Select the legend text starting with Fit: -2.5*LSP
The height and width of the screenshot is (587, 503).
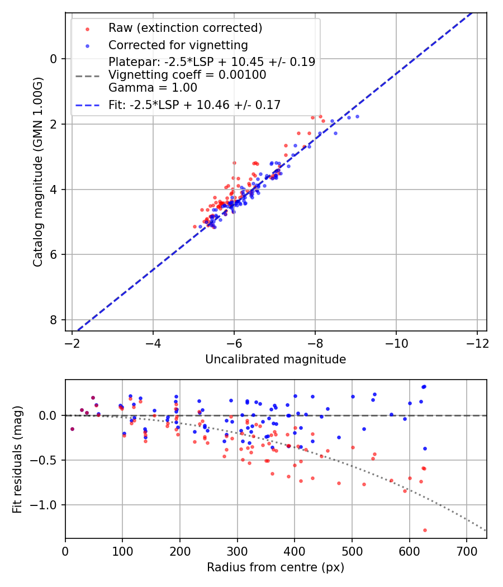point(194,105)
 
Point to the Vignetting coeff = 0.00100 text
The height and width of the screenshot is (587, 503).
point(187,75)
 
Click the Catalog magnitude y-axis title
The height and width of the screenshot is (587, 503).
point(37,172)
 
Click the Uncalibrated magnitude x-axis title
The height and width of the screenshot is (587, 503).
point(276,359)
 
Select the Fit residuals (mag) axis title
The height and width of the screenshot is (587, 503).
point(17,459)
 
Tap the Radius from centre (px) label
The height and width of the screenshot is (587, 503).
point(276,567)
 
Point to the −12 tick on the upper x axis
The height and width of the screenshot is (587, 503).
point(477,342)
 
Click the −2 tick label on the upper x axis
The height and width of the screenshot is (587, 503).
point(72,342)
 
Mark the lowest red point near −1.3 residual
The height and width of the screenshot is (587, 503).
point(425,530)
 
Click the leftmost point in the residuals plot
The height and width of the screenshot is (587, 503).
point(72,429)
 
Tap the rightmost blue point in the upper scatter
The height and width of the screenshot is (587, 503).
point(357,116)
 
